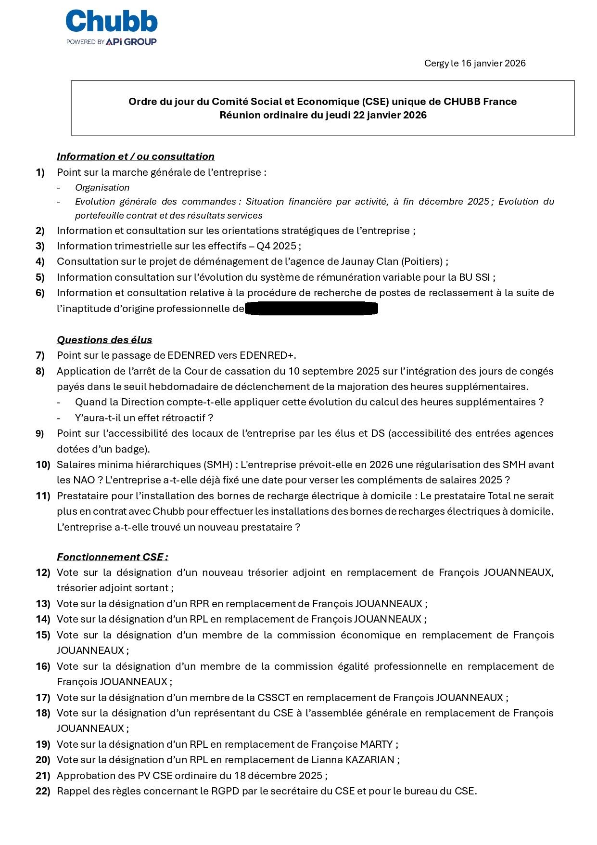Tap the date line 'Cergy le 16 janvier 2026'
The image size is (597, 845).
click(x=474, y=64)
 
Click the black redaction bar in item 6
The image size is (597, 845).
click(x=311, y=309)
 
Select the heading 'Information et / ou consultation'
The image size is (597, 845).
click(x=135, y=156)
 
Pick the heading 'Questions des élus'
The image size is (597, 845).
click(x=104, y=340)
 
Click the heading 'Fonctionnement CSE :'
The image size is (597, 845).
click(x=112, y=557)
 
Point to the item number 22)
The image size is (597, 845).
click(x=43, y=791)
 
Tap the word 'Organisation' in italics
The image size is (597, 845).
click(x=102, y=188)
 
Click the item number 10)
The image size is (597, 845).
click(x=43, y=465)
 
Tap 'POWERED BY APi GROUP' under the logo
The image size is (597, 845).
click(x=111, y=42)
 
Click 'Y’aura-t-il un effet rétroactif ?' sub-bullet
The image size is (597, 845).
click(x=144, y=418)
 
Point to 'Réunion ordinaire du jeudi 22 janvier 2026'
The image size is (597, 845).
click(x=323, y=115)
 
